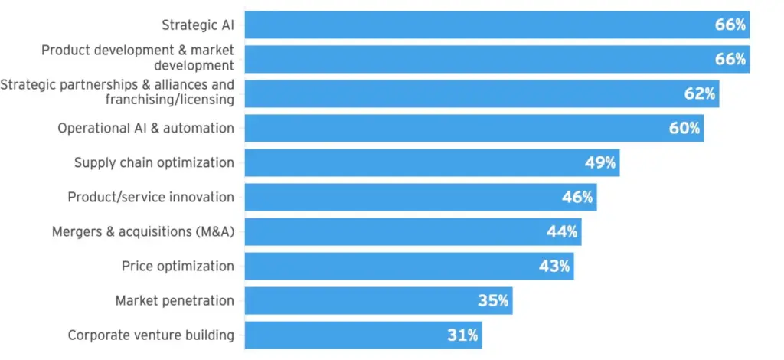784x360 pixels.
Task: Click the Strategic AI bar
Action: pos(497,25)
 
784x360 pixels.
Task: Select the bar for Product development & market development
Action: pos(497,60)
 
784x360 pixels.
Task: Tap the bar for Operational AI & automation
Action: pos(475,129)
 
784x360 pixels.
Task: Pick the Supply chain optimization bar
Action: pos(432,163)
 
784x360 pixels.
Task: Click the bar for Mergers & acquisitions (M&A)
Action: pos(413,232)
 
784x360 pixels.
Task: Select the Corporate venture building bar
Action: pos(364,335)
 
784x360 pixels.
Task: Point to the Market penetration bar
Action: pos(378,301)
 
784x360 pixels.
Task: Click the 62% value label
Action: pos(700,93)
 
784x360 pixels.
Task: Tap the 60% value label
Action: pos(684,128)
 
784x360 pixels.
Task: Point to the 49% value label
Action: pos(600,162)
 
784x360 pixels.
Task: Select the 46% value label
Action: pos(577,197)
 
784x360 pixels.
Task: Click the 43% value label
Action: pos(554,266)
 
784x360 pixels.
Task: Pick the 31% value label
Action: pos(462,335)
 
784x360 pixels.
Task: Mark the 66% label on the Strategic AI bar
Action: pos(730,25)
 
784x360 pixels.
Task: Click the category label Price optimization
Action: pos(178,267)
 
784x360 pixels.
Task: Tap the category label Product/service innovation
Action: pos(151,198)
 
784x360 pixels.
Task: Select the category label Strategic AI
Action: pos(198,25)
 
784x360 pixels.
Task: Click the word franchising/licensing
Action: pos(169,100)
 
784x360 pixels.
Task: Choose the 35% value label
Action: pos(493,300)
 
